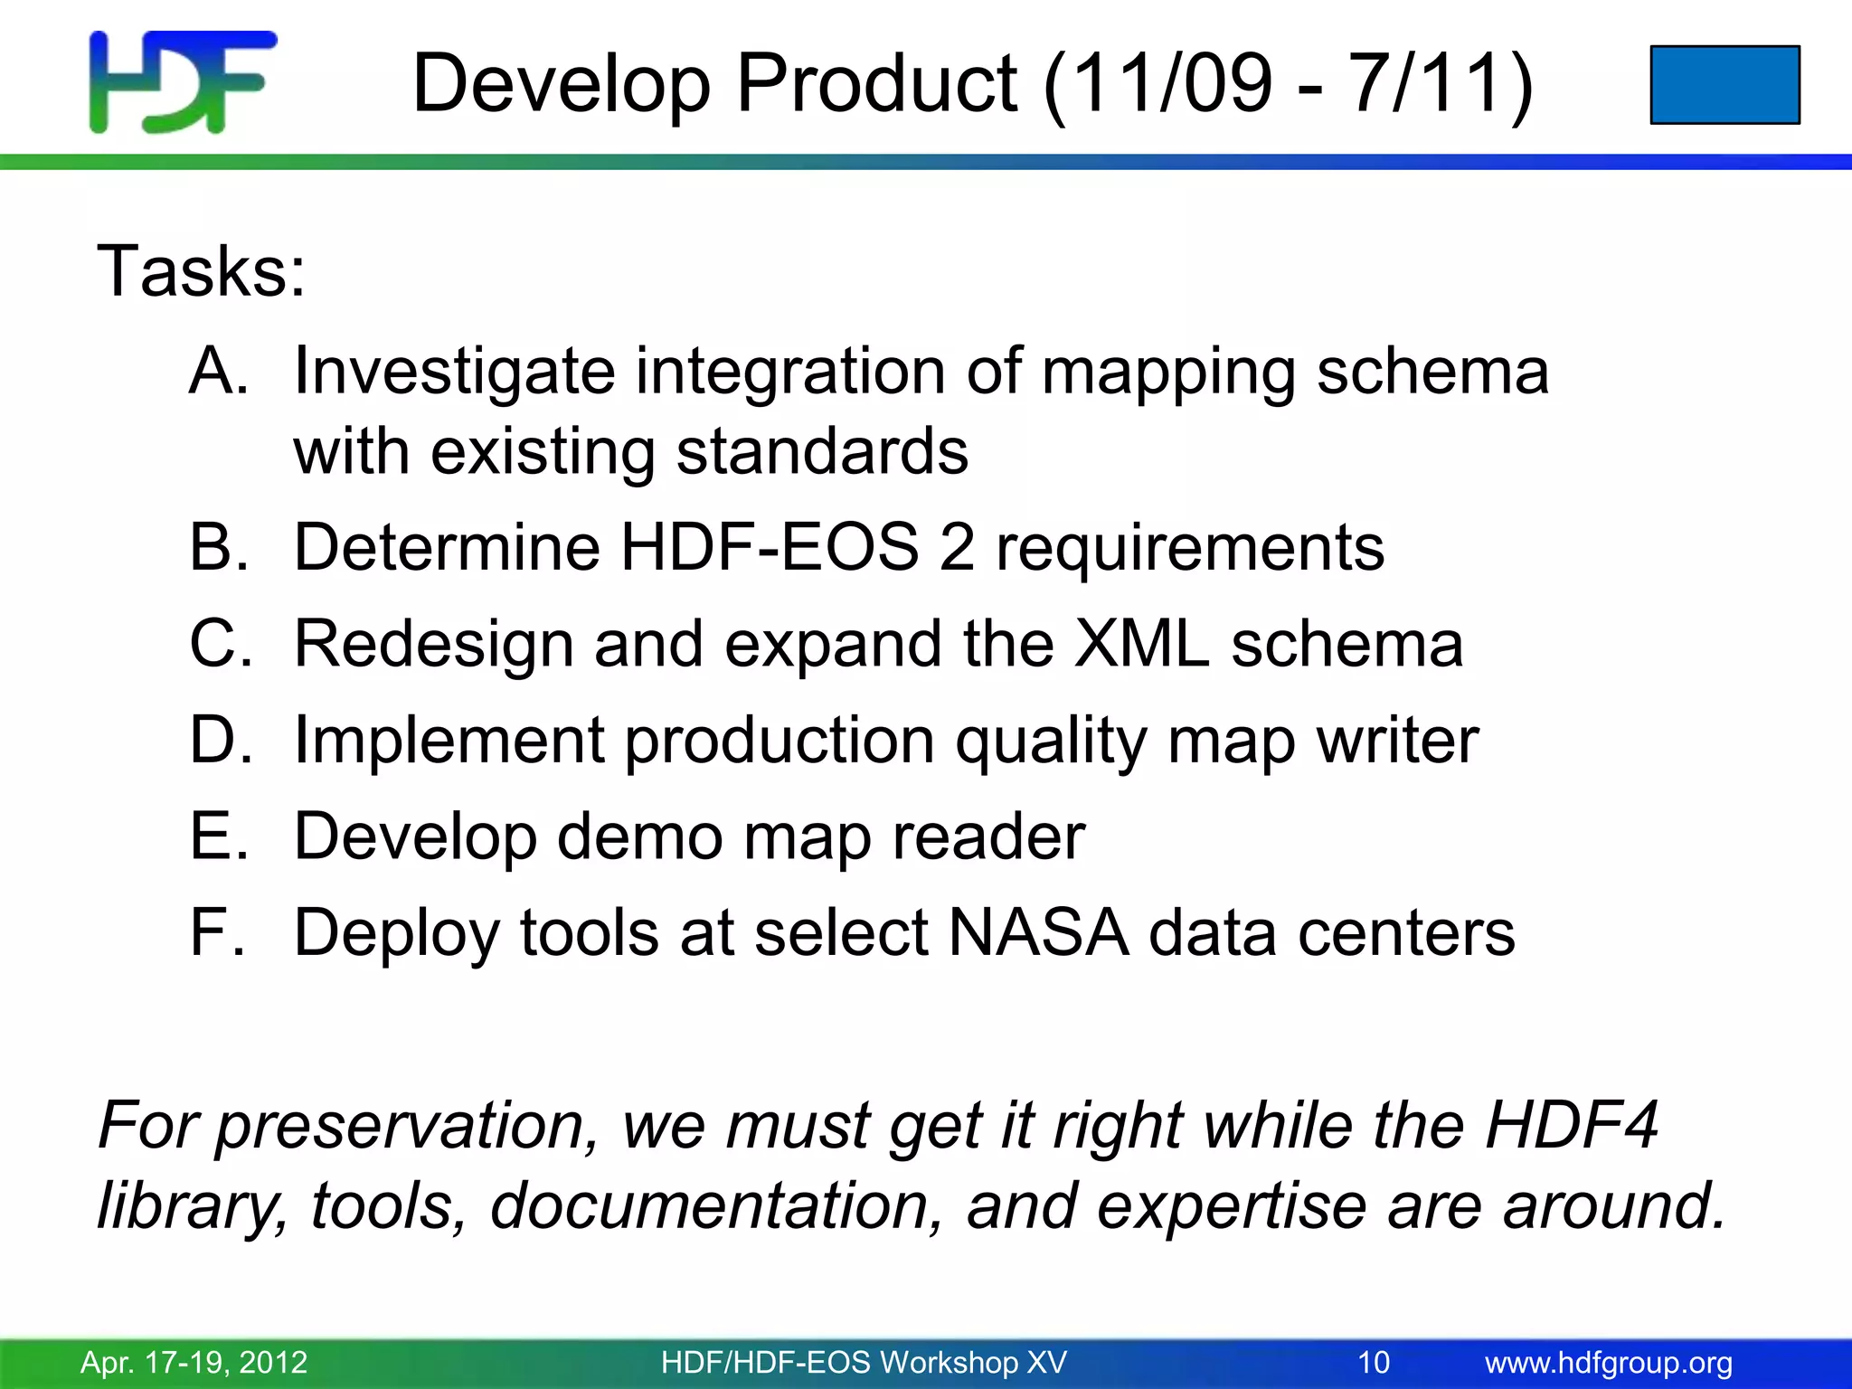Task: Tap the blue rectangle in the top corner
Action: pyautogui.click(x=1724, y=84)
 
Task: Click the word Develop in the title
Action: pyautogui.click(x=561, y=84)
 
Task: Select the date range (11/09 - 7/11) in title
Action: pyautogui.click(x=1288, y=84)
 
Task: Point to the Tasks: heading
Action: pyautogui.click(x=202, y=271)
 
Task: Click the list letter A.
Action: pyautogui.click(x=218, y=371)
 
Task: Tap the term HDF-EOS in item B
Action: pyautogui.click(x=769, y=547)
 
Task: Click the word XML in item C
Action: pyautogui.click(x=1141, y=644)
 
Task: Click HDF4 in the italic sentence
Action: pyautogui.click(x=1572, y=1125)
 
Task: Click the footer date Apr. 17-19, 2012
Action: pyautogui.click(x=194, y=1362)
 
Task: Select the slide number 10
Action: pyautogui.click(x=1373, y=1362)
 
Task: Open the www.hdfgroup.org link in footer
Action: pyautogui.click(x=1609, y=1362)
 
